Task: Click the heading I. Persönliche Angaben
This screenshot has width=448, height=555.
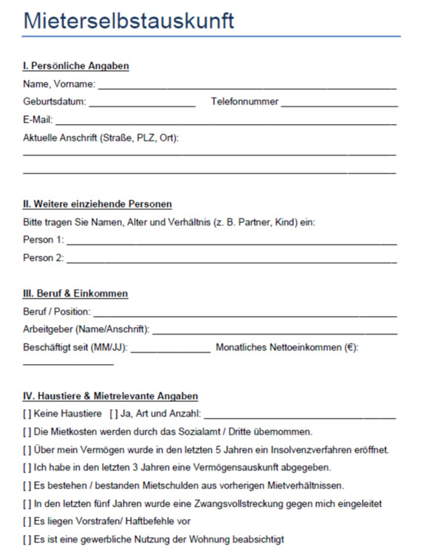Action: click(x=76, y=66)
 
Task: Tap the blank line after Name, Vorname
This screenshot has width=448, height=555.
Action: click(x=248, y=87)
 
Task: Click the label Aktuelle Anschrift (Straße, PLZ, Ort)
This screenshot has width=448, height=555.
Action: click(x=101, y=138)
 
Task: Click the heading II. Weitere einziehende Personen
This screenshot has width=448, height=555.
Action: click(x=98, y=203)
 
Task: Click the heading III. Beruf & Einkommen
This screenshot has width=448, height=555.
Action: click(x=75, y=294)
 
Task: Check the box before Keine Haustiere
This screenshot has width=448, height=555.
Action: click(x=27, y=414)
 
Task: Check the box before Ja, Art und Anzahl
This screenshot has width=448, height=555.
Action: click(x=113, y=414)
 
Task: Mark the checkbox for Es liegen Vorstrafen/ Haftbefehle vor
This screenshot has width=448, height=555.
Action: click(x=27, y=522)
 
